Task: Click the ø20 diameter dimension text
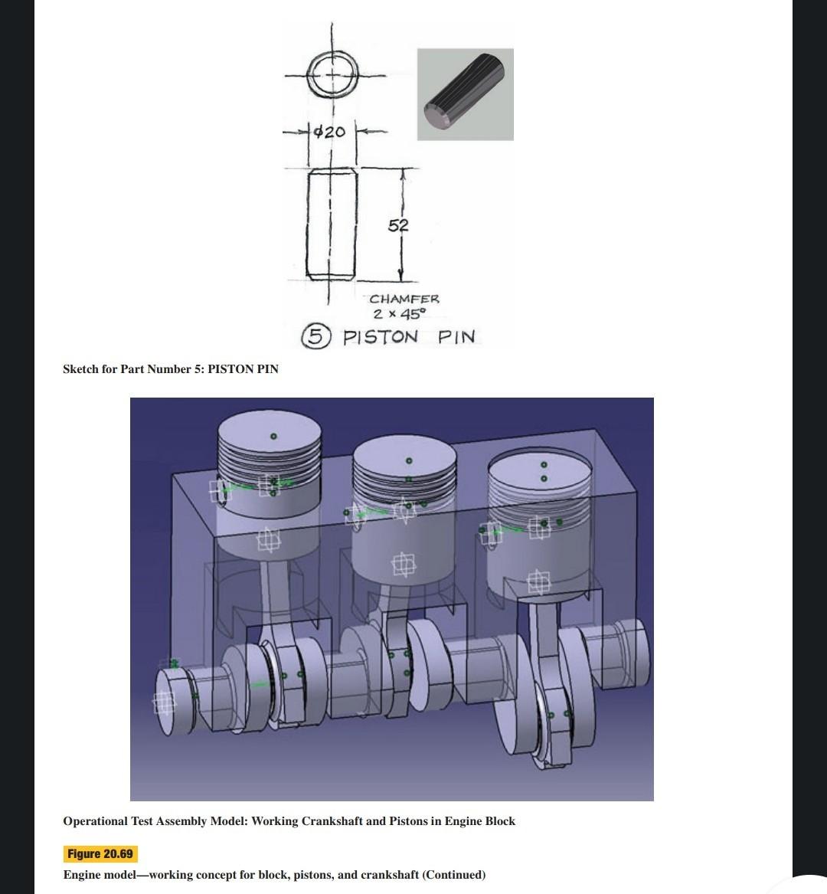point(330,132)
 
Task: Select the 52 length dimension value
point(398,225)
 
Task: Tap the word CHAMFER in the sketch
point(404,299)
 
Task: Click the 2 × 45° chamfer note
point(397,314)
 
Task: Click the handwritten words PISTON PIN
point(409,337)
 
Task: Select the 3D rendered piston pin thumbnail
point(465,94)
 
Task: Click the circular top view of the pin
point(333,75)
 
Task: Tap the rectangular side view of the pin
point(332,224)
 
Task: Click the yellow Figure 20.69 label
point(100,854)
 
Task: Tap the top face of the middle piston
point(406,458)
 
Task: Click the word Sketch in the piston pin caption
point(80,369)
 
